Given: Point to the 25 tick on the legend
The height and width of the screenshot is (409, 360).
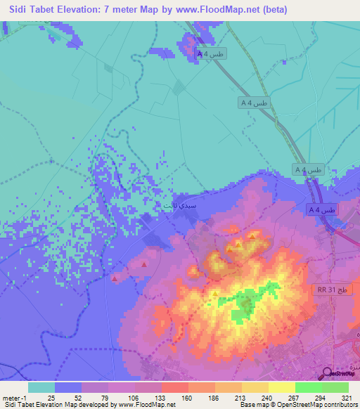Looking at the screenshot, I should (x=52, y=398).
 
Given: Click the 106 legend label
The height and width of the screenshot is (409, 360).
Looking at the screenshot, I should (x=134, y=398).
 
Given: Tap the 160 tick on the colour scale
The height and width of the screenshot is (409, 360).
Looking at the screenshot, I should (x=187, y=398).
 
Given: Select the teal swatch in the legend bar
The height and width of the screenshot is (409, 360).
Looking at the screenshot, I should (x=41, y=387).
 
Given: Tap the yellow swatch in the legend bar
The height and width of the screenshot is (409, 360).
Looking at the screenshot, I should (x=282, y=387).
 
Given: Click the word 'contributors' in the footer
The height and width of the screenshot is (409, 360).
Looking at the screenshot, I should (x=337, y=405).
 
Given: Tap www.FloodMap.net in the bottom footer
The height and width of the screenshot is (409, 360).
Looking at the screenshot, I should (x=148, y=405).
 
